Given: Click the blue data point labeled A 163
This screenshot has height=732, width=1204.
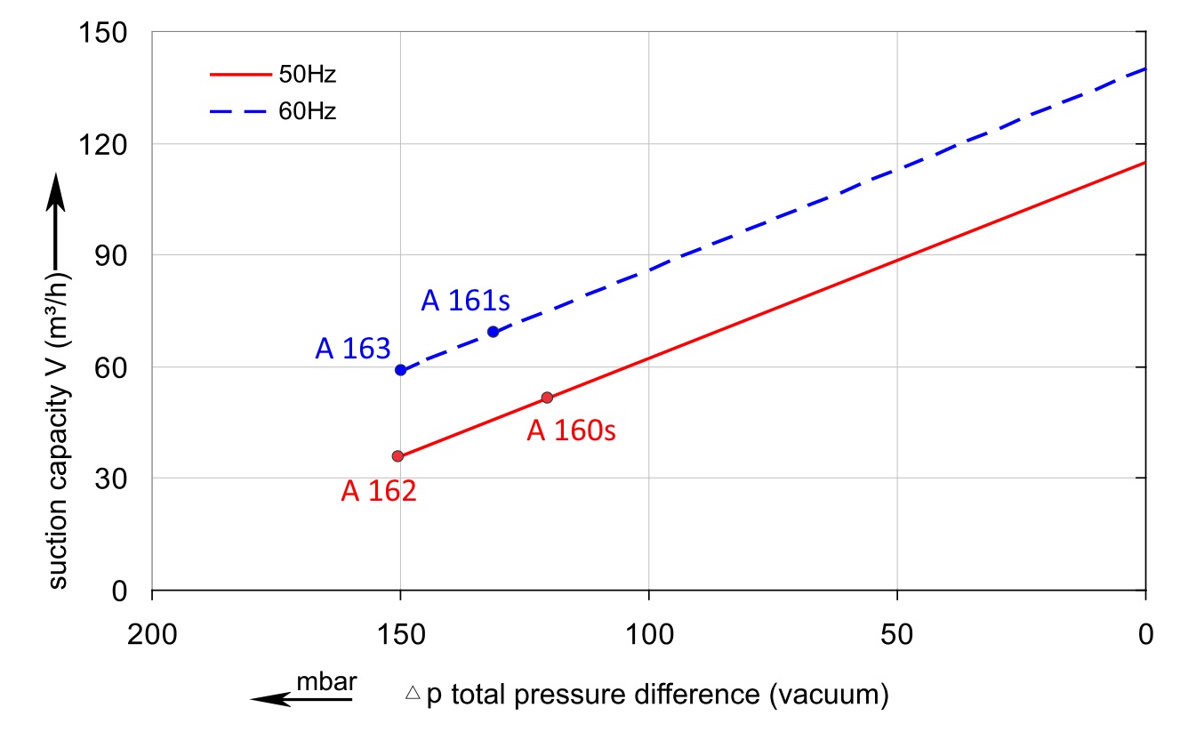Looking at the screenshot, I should (401, 370).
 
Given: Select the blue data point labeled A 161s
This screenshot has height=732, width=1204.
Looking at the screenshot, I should (493, 332).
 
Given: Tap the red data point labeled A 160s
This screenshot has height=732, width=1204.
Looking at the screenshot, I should (547, 398).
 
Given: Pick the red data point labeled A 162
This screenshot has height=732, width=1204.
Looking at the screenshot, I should (397, 456).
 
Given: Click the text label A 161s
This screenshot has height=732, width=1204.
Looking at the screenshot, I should (465, 302).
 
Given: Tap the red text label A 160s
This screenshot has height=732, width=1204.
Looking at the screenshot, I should (571, 431).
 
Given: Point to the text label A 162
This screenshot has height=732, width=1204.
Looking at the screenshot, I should (379, 491).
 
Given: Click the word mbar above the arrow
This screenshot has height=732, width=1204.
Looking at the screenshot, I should (326, 681).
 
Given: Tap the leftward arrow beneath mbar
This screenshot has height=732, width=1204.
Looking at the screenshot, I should (301, 699).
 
